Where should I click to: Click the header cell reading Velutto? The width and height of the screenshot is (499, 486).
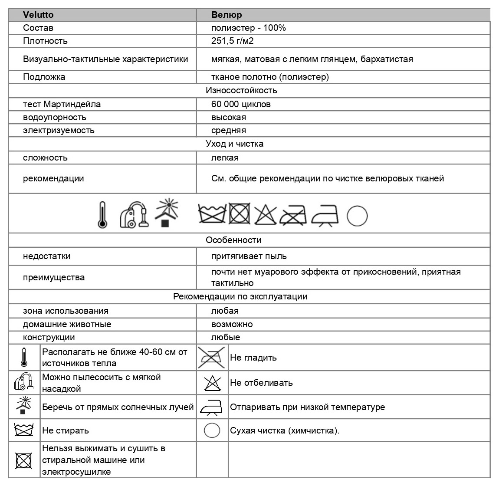point(38,15)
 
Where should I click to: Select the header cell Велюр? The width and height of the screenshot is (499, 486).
point(227,15)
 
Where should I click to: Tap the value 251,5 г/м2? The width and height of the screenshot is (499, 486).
point(232,41)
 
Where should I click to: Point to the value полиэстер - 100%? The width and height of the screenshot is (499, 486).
point(248,28)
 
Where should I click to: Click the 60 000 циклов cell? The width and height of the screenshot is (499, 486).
point(241,104)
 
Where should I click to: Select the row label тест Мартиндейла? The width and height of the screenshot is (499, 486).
point(62,104)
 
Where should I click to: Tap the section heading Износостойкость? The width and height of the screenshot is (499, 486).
point(241,90)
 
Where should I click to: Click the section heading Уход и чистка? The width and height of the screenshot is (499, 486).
point(234,144)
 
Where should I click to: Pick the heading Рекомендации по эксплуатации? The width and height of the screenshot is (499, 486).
point(240,296)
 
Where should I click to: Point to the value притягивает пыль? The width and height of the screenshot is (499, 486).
point(249,256)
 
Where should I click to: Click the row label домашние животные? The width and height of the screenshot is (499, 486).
point(67,324)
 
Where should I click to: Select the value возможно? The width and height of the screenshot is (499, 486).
point(232,324)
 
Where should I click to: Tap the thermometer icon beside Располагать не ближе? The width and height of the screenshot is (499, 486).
point(24,358)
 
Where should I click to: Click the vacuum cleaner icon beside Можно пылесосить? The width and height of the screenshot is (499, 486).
point(24,382)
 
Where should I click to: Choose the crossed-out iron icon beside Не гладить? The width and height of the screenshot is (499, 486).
point(212,357)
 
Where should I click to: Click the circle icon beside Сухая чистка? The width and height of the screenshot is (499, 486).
point(212,430)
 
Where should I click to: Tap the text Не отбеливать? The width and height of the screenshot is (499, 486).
point(261,383)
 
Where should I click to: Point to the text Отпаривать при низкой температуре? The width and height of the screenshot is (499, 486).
point(307,407)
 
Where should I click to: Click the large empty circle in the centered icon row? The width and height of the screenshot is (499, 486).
point(357,216)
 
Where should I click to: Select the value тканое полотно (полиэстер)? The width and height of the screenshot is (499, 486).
point(270,77)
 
